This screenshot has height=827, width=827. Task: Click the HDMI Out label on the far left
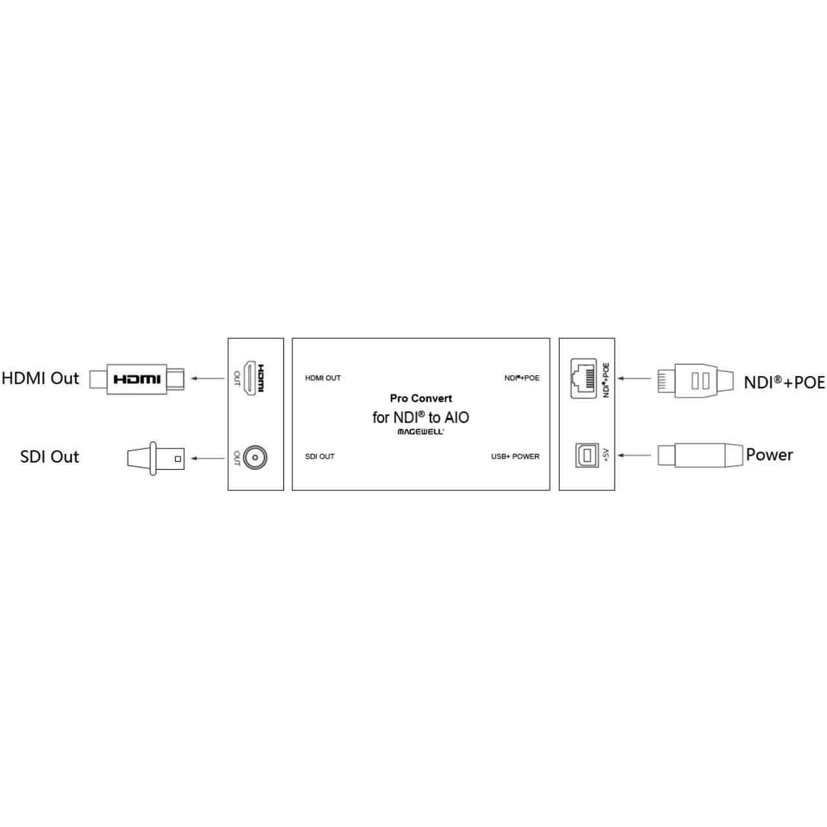(40, 378)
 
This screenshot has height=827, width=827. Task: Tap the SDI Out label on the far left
(49, 457)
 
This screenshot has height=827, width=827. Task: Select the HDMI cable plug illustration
(136, 379)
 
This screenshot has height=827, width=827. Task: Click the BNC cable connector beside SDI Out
(156, 458)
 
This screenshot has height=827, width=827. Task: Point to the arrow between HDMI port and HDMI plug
(207, 379)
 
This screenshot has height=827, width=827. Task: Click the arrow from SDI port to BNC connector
(207, 458)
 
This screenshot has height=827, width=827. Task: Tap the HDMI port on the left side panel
(250, 378)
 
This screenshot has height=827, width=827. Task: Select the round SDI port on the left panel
(255, 457)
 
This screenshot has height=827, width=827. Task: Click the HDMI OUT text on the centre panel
(323, 378)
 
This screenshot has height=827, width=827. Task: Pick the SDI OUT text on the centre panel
(320, 457)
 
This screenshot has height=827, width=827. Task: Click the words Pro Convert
(421, 398)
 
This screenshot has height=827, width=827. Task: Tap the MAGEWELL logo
(421, 432)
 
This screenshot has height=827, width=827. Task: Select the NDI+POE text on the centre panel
(522, 378)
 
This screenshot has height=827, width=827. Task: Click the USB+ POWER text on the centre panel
(516, 457)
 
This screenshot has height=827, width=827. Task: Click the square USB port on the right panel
(587, 455)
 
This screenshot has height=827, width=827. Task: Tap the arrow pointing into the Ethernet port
(634, 379)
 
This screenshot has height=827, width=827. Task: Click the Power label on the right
(769, 455)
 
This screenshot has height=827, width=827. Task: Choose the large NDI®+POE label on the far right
(784, 382)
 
